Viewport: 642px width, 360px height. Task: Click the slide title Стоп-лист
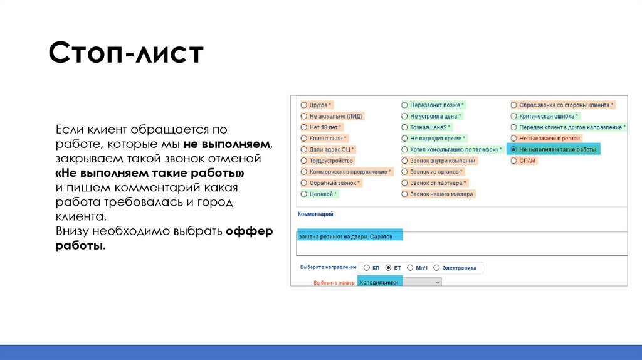[x=126, y=54]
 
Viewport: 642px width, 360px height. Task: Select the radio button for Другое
[x=304, y=105]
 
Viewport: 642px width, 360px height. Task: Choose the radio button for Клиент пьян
[x=304, y=139]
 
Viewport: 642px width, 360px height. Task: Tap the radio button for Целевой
[x=304, y=194]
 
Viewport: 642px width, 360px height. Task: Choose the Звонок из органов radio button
[x=405, y=172]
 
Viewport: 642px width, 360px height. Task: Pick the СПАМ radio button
[x=514, y=161]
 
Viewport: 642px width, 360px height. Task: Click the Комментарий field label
[x=315, y=214]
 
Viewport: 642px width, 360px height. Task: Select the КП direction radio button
[x=366, y=268]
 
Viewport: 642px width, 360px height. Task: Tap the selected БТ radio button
[x=388, y=268]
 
